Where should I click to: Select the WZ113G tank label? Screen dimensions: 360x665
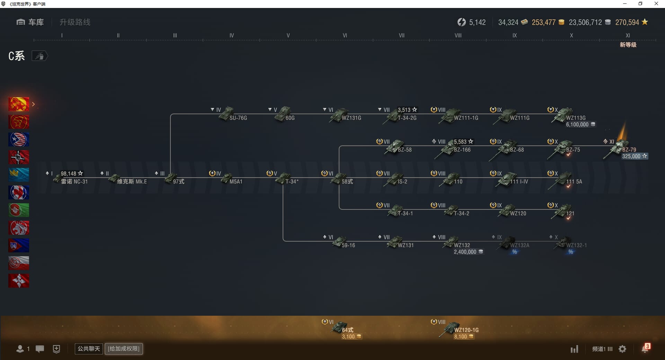(x=576, y=118)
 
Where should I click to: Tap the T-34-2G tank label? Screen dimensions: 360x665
(x=407, y=118)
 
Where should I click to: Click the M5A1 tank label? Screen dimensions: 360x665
(x=236, y=182)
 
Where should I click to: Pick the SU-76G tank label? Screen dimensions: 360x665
(x=238, y=118)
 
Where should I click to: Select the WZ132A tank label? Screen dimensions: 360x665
(x=520, y=245)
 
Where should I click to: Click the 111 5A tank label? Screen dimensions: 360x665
(x=574, y=182)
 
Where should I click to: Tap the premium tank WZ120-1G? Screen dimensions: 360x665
(x=466, y=330)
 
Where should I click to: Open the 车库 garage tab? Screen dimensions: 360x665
(x=30, y=22)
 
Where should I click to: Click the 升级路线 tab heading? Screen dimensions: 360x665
(x=75, y=22)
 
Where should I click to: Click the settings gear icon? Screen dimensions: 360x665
(x=622, y=349)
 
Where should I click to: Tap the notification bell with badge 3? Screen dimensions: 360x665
(x=645, y=349)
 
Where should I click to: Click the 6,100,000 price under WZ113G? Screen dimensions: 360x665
(x=577, y=125)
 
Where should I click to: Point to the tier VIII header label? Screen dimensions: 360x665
(x=458, y=35)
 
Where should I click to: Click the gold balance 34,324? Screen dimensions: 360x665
(x=508, y=22)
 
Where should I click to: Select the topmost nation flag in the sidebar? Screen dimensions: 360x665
(x=19, y=104)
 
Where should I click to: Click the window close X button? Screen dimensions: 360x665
(x=656, y=4)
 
